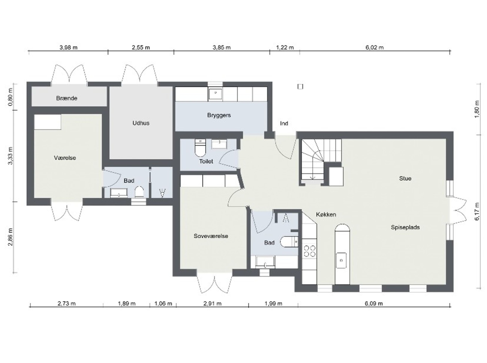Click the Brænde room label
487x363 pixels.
click(x=67, y=98)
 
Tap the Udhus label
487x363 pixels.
click(x=141, y=123)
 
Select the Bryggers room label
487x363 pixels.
click(x=219, y=115)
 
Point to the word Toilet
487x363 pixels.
click(x=206, y=161)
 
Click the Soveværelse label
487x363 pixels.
click(x=211, y=236)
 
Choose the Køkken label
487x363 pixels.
click(x=326, y=214)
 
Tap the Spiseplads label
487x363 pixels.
click(x=405, y=227)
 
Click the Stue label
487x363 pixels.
click(x=405, y=178)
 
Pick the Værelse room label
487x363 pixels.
click(x=65, y=158)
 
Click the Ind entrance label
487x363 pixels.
click(x=284, y=123)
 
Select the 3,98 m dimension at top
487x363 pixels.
click(x=69, y=47)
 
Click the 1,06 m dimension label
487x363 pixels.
click(x=163, y=304)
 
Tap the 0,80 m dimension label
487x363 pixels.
click(x=10, y=97)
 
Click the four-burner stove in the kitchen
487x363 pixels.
click(x=310, y=251)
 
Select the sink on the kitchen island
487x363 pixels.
click(x=341, y=260)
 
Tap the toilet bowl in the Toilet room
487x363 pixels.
click(x=200, y=148)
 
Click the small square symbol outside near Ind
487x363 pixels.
click(x=300, y=87)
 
